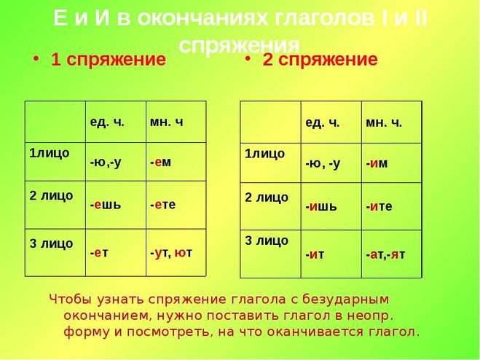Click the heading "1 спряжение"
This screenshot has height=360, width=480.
point(109,60)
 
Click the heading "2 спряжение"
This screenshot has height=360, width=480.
point(320,60)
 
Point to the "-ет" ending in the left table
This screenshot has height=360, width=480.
point(99,252)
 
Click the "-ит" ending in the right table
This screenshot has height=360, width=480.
point(315,254)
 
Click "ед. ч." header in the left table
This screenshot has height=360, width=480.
point(107,122)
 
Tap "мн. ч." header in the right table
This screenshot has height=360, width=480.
point(384,123)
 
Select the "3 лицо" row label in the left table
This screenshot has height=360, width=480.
point(51,243)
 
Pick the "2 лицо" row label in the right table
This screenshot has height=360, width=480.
point(267,197)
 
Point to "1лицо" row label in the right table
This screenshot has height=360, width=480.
point(264,154)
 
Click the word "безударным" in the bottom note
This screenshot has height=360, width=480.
point(345,300)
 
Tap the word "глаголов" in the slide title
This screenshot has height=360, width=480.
point(324,18)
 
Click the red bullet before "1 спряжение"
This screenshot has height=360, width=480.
point(36,58)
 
